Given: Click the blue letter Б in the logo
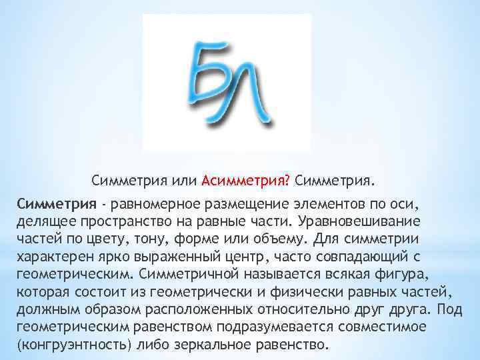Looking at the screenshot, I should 212,75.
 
